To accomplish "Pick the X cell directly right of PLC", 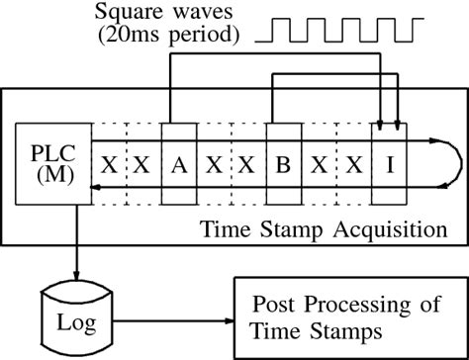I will (109, 165).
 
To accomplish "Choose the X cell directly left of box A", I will (142, 165).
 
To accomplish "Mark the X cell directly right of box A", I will (212, 165).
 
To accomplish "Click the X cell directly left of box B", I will (246, 165).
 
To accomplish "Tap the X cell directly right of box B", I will (317, 165).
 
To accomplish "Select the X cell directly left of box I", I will (351, 165).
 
